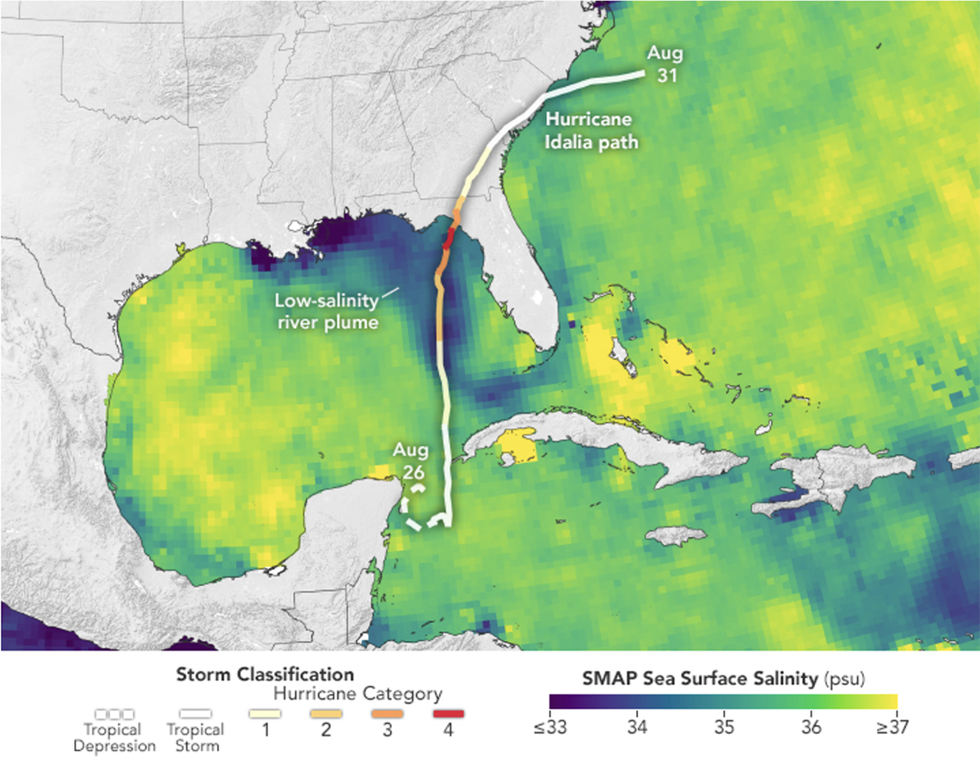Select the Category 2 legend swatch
(x=326, y=714)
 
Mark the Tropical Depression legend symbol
(x=114, y=714)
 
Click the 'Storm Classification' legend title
(x=265, y=674)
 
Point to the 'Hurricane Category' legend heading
(x=357, y=693)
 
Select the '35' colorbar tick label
(x=724, y=728)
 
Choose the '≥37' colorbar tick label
(x=892, y=728)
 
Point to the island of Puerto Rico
(x=963, y=459)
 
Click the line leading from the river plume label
(x=389, y=294)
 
